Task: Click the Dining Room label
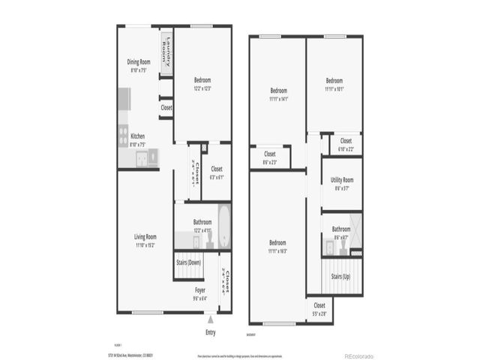click(x=139, y=61)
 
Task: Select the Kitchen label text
click(x=138, y=136)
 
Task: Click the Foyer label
click(x=200, y=289)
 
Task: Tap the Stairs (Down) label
click(x=188, y=262)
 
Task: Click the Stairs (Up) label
click(x=340, y=277)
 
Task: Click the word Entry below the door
click(x=210, y=332)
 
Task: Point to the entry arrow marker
click(x=210, y=319)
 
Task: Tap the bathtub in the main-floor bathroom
click(x=224, y=224)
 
